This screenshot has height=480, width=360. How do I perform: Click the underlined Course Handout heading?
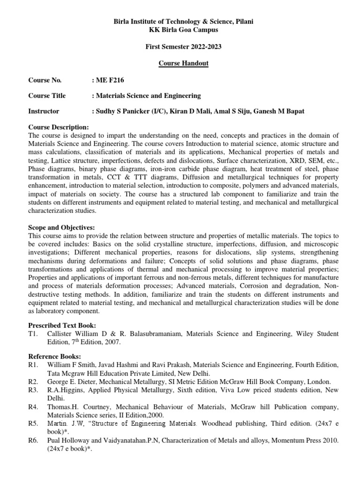pyautogui.click(x=180, y=64)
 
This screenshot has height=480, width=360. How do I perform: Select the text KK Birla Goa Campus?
pyautogui.click(x=180, y=30)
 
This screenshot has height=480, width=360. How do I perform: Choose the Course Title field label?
pyautogui.click(x=47, y=96)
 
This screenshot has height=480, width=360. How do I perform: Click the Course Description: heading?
pyautogui.click(x=58, y=127)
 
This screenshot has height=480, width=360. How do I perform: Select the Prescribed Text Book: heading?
pyautogui.click(x=62, y=325)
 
